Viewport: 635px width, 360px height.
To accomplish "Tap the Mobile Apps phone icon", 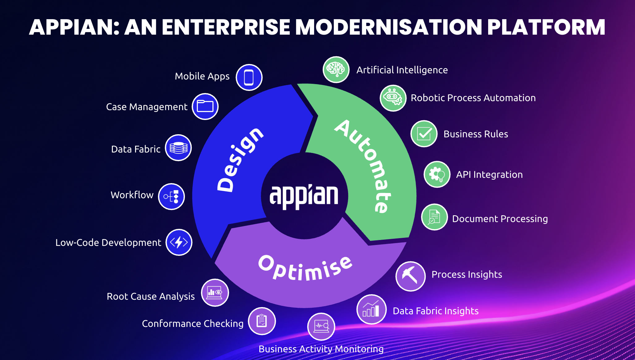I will coord(249,77).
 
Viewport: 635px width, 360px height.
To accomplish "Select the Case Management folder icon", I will coord(205,106).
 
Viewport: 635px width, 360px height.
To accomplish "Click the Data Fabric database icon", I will coord(178,148).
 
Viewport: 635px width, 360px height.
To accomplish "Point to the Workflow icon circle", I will coord(171,196).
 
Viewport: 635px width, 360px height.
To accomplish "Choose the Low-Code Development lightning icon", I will coord(179,242).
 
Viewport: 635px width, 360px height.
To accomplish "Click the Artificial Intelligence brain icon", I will coord(336,70).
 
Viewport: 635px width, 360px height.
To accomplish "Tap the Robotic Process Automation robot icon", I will coord(393,98).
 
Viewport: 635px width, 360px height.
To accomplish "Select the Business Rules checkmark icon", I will coord(424,134).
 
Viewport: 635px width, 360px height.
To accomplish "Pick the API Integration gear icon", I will coord(437,174).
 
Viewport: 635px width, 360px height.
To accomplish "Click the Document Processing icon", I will coord(434,217).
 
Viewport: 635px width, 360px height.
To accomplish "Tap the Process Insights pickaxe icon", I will coord(410,276).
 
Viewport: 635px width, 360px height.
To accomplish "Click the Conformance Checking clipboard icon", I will coord(262,321).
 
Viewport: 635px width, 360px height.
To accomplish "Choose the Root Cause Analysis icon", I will coord(215,293).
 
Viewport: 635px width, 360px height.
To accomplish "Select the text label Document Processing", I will coord(500,219).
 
